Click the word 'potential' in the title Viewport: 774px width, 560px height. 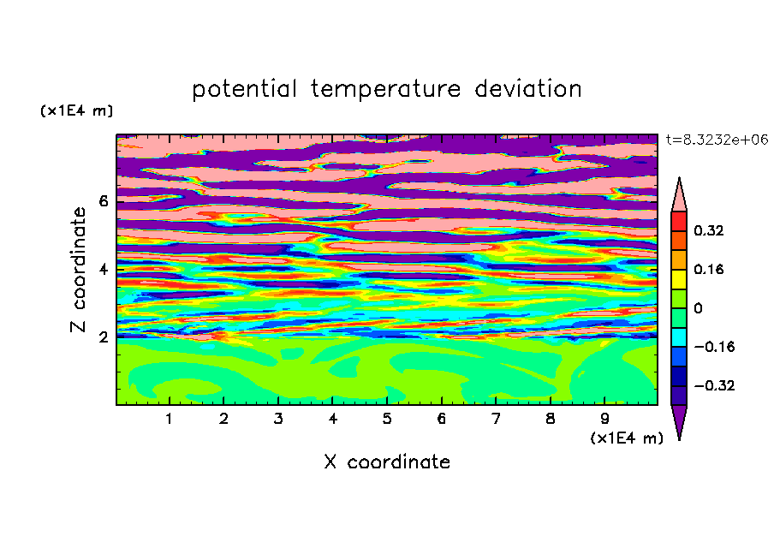pyautogui.click(x=244, y=90)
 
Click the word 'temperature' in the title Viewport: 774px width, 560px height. pyautogui.click(x=385, y=90)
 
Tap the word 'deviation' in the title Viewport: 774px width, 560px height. pyautogui.click(x=527, y=89)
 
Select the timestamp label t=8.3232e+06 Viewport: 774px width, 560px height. pyautogui.click(x=717, y=140)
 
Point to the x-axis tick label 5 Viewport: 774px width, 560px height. pyautogui.click(x=387, y=419)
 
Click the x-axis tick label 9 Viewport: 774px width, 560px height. pyautogui.click(x=604, y=419)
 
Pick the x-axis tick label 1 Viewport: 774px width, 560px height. pyautogui.click(x=170, y=419)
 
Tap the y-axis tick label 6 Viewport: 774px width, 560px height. pyautogui.click(x=103, y=201)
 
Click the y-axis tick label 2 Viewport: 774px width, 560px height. pyautogui.click(x=103, y=337)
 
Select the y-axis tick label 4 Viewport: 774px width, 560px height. pyautogui.click(x=103, y=269)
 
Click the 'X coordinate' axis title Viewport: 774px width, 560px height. pyautogui.click(x=387, y=462)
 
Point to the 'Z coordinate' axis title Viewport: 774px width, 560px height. pyautogui.click(x=78, y=269)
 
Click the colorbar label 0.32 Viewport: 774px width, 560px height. pyautogui.click(x=708, y=230)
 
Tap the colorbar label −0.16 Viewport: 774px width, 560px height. pyautogui.click(x=714, y=347)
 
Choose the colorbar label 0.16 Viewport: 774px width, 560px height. pyautogui.click(x=708, y=269)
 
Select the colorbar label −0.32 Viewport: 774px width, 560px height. pyautogui.click(x=714, y=385)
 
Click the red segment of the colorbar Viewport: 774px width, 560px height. pyautogui.click(x=679, y=221)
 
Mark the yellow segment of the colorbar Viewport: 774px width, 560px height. pyautogui.click(x=679, y=279)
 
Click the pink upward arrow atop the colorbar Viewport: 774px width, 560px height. pyautogui.click(x=679, y=195)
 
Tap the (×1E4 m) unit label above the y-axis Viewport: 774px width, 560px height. pyautogui.click(x=76, y=110)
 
